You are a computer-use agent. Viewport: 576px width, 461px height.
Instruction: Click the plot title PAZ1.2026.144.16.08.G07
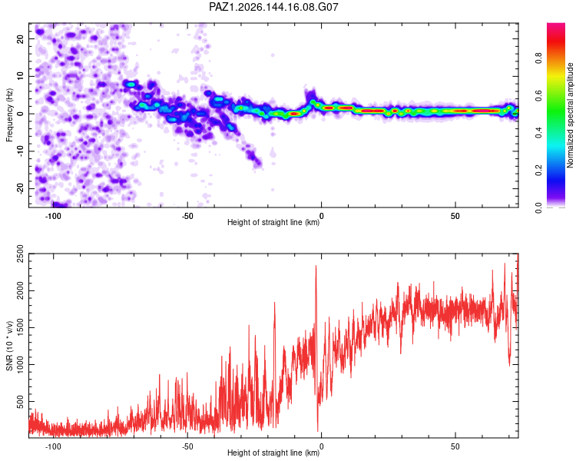[273, 7]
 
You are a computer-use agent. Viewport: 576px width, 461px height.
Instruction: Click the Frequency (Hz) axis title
[9, 115]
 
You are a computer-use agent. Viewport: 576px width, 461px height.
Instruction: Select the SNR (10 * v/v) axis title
[9, 346]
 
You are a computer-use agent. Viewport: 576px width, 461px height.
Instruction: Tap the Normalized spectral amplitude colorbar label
[570, 115]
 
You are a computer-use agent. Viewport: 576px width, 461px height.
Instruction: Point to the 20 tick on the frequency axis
[20, 38]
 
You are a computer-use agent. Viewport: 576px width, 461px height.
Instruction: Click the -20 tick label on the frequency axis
[20, 188]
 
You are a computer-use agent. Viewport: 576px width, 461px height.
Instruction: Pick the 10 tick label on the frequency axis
[20, 76]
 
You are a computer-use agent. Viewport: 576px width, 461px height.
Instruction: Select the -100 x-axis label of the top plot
[53, 216]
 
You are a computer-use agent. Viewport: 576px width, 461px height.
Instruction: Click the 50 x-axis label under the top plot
[455, 216]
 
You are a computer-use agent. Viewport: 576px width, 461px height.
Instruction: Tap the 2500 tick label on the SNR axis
[20, 254]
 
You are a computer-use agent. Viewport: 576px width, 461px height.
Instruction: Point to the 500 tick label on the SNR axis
[20, 401]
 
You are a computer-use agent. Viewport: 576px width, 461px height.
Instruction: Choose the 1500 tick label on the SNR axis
[20, 327]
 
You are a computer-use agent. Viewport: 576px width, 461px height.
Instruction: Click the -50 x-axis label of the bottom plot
[187, 446]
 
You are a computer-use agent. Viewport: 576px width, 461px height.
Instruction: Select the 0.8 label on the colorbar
[538, 58]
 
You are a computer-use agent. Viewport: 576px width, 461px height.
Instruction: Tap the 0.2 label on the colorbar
[538, 171]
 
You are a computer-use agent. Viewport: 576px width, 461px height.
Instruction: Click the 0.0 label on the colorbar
[538, 208]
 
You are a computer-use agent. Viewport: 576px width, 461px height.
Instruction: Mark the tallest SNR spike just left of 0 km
[316, 266]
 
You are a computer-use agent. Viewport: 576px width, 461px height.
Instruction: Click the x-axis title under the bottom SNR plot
[273, 453]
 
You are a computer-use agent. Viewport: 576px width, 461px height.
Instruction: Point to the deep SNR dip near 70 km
[509, 365]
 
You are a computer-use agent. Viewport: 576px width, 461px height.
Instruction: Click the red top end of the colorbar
[556, 25]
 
